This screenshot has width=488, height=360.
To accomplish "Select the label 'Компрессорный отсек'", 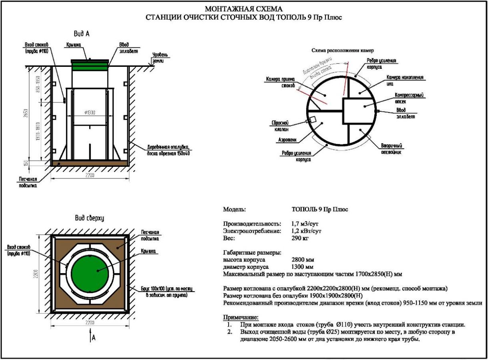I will [x=409, y=98].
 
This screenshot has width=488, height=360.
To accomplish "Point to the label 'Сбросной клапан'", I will [x=280, y=126].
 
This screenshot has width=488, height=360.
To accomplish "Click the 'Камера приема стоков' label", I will [x=281, y=82].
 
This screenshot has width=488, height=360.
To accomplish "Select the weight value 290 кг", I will [x=300, y=238].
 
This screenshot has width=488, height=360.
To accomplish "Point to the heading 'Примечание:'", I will [x=241, y=317].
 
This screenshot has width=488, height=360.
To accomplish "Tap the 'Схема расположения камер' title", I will [x=342, y=51].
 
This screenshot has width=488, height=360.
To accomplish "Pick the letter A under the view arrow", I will [x=94, y=338].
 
